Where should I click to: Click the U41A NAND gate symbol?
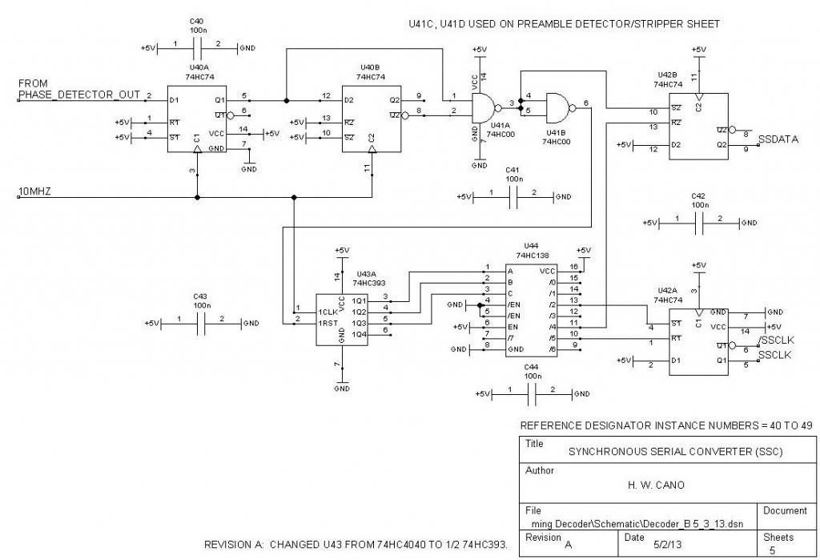point(483,105)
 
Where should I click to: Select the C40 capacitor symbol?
point(198,48)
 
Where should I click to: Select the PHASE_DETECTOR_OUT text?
point(78,95)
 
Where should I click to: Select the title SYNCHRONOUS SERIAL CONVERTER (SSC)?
point(675,452)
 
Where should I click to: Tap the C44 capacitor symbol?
point(533,393)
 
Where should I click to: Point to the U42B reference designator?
point(666,74)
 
